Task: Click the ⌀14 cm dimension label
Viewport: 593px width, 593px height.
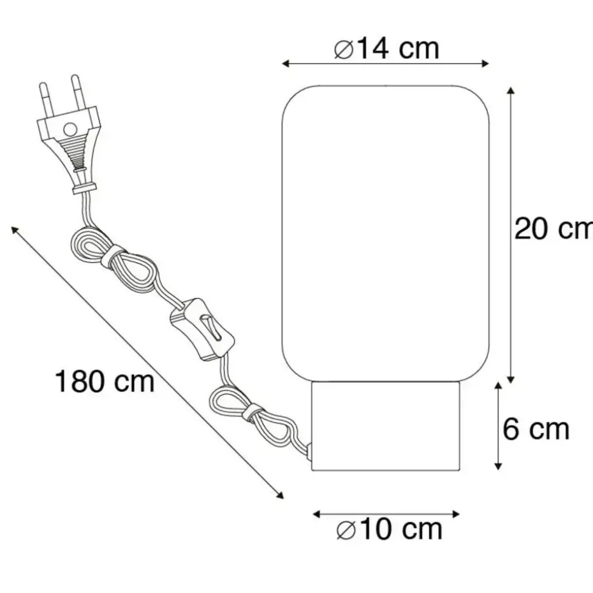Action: pos(386,49)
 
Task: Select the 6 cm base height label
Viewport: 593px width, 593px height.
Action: pos(536,429)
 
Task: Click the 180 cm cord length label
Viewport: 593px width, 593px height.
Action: pos(105,381)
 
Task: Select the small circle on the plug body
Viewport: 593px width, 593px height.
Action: pos(70,129)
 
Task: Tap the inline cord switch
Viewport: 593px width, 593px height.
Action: pos(202,329)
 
